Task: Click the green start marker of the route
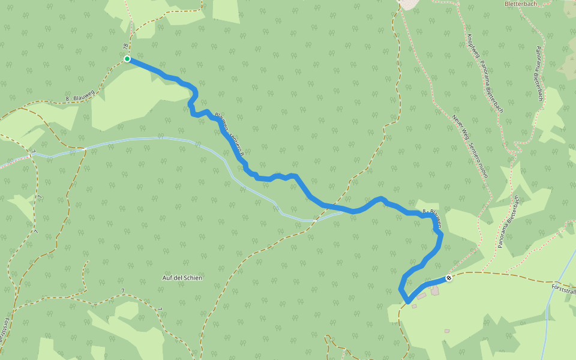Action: point(127,59)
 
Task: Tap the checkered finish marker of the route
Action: point(448,278)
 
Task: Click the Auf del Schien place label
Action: point(182,278)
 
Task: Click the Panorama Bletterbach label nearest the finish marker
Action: point(508,221)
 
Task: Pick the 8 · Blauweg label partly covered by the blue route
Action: point(433,217)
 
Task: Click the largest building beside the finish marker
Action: point(434,291)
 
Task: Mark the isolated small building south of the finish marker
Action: point(447,331)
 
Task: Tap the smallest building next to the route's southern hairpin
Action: point(414,306)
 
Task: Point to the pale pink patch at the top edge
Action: point(411,4)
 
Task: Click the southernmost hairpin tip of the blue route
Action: point(408,301)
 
